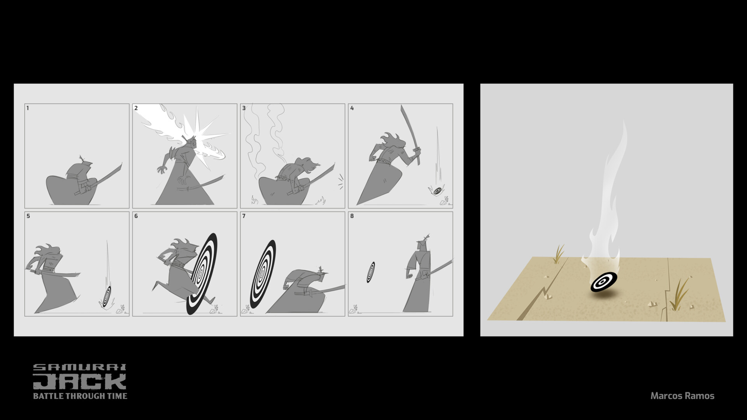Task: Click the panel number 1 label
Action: [28, 108]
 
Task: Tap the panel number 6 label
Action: [136, 216]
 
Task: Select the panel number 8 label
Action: [352, 216]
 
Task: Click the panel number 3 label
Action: [244, 108]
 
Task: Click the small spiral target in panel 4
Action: [437, 191]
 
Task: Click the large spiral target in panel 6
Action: [202, 274]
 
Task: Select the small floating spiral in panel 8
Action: [370, 272]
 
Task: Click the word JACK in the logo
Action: [79, 381]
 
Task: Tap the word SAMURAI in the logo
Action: [79, 367]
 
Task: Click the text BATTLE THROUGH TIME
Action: [80, 396]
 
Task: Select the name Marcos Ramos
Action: [682, 396]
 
